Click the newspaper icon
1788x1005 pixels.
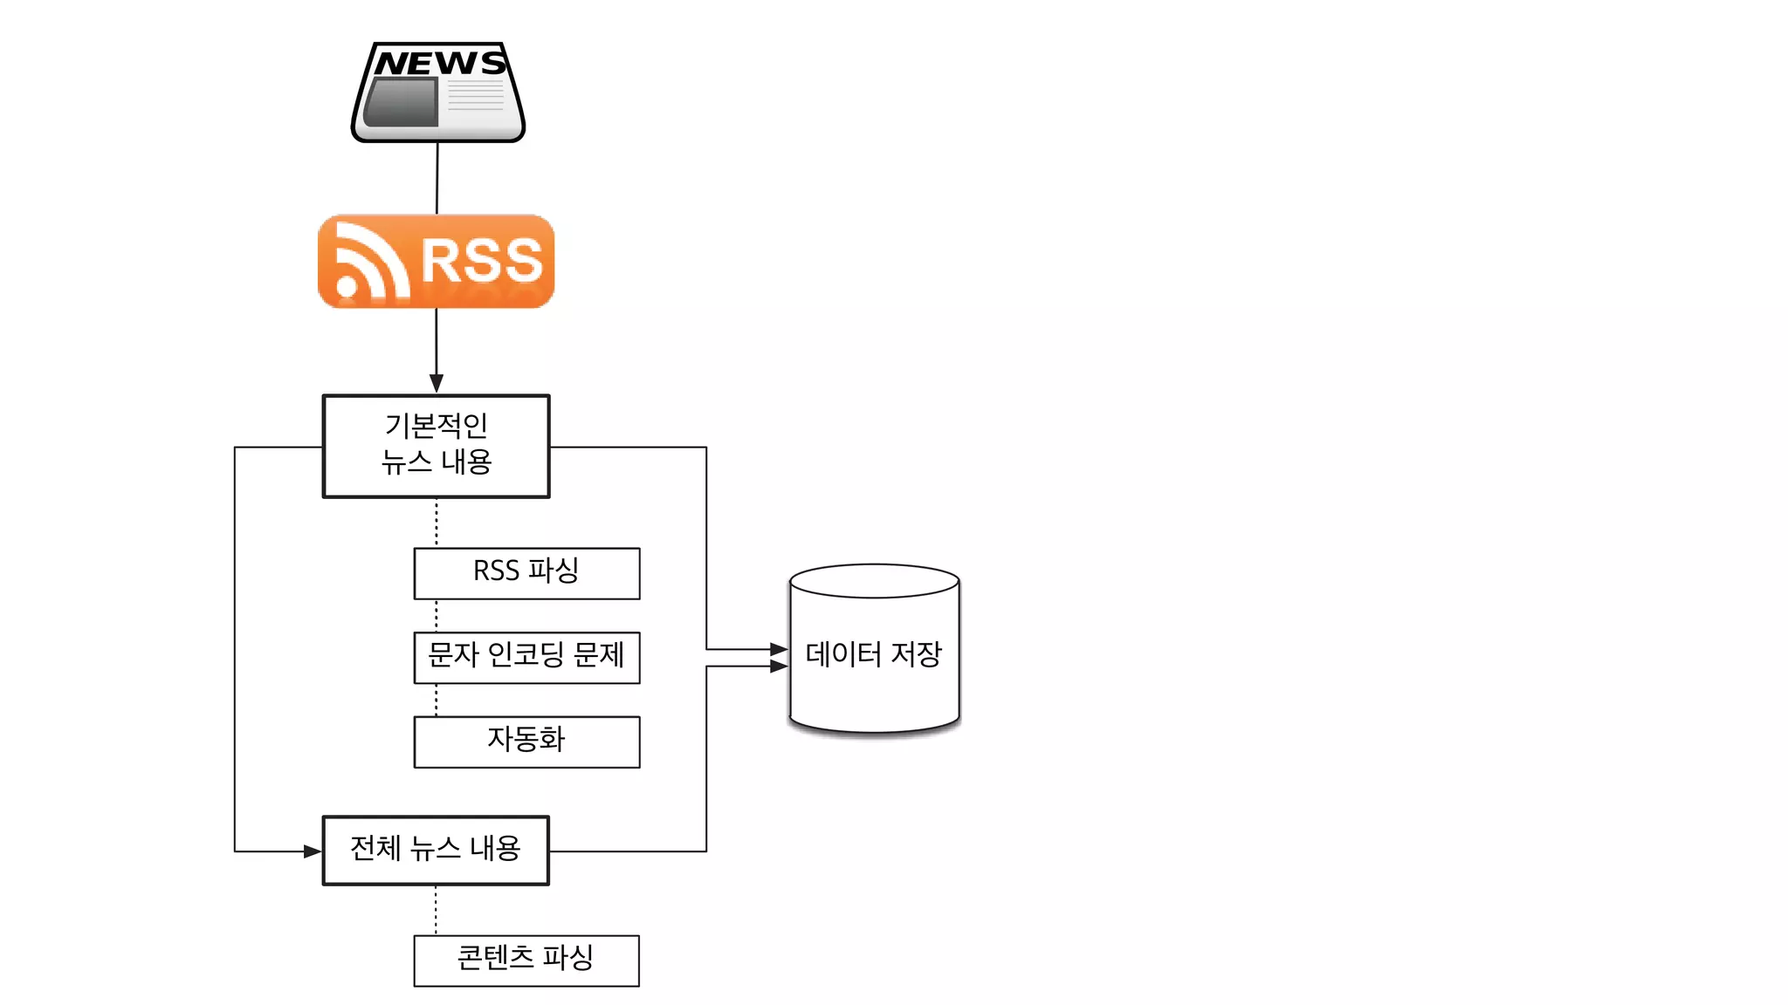click(x=437, y=92)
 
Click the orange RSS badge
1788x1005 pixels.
click(x=437, y=261)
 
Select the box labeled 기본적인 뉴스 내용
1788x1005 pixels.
click(x=437, y=446)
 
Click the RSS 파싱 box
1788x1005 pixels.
click(x=526, y=573)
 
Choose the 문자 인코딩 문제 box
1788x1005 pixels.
click(x=526, y=657)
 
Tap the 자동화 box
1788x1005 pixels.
click(x=526, y=742)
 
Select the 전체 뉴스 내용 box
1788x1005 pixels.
click(x=436, y=850)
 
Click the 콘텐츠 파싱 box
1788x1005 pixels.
click(x=526, y=960)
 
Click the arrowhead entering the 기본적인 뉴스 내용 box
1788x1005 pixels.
click(x=437, y=384)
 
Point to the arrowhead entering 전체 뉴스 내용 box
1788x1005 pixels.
click(x=313, y=851)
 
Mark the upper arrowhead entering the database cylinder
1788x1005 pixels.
click(x=779, y=649)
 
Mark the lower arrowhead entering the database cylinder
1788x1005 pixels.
click(x=779, y=667)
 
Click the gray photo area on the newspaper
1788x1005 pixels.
click(x=402, y=102)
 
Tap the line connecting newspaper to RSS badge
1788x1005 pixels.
click(x=437, y=178)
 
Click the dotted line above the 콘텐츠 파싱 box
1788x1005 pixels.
click(x=436, y=910)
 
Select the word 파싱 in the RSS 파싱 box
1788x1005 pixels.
click(x=554, y=571)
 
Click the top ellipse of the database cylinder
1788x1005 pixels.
click(x=874, y=580)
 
